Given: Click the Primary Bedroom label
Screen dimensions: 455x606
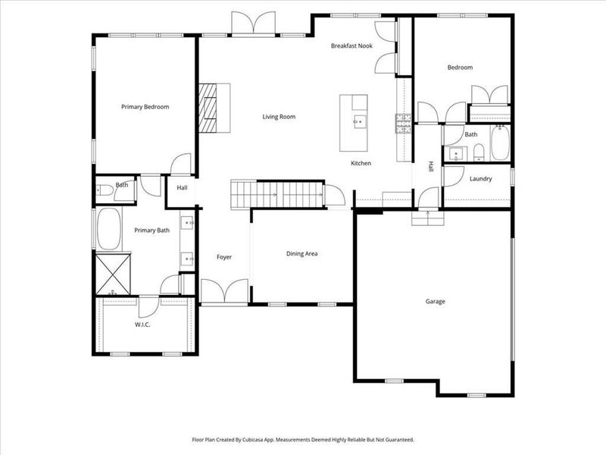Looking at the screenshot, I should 145,107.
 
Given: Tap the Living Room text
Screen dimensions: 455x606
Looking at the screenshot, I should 279,117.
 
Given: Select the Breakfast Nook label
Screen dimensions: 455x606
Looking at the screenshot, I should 351,46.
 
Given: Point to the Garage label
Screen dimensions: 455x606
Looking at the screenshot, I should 435,302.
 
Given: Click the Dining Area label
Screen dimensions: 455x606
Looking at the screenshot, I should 301,253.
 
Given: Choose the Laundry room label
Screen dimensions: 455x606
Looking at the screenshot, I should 480,179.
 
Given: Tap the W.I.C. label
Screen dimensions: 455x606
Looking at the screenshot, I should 142,325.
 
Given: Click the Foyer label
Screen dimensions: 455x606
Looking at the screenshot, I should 224,257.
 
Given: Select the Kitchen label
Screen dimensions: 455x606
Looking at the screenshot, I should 361,164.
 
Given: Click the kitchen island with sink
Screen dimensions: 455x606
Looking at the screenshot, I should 355,121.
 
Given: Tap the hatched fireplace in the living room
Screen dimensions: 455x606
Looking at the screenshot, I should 208,107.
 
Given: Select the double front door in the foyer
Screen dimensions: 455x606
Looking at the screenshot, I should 225,292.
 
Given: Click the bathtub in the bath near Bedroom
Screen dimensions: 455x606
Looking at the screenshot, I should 501,144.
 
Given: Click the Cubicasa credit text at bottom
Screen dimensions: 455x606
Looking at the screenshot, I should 303,440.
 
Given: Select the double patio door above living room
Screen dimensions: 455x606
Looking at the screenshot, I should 254,25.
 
